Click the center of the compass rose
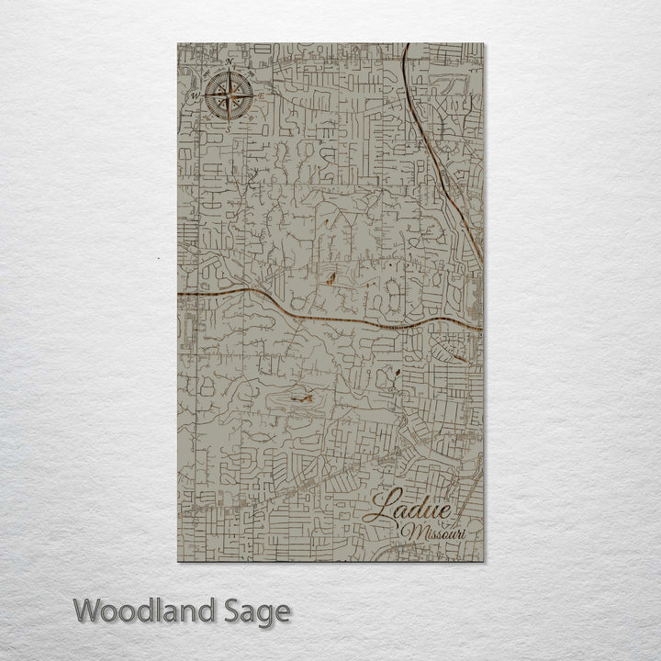point(229,95)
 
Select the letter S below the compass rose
point(229,129)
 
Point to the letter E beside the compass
point(262,95)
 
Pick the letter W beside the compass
point(195,95)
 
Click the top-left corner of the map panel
point(177,43)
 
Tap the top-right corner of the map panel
point(483,43)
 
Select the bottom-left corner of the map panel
point(177,562)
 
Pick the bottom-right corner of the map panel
point(483,562)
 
